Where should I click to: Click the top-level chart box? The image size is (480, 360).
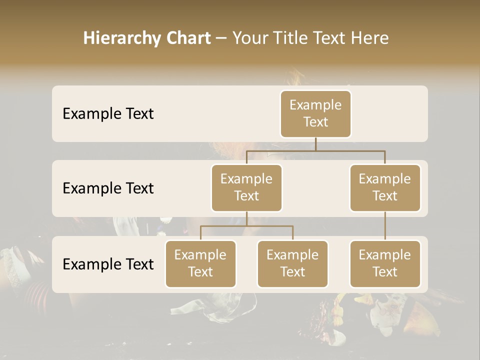click(x=315, y=113)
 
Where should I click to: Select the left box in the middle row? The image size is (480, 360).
click(x=246, y=187)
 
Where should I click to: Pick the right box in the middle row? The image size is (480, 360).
click(x=385, y=187)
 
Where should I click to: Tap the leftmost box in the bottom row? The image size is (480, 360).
click(x=200, y=263)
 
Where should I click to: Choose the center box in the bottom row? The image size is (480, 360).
click(x=292, y=263)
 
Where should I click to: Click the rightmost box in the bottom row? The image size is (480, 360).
click(x=385, y=263)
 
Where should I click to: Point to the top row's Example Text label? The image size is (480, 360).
click(x=108, y=113)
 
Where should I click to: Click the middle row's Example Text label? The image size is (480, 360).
click(x=108, y=188)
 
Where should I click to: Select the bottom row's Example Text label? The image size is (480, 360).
click(x=108, y=264)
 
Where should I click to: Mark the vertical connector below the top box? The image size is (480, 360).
click(x=315, y=144)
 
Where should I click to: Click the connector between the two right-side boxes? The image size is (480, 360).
click(x=385, y=226)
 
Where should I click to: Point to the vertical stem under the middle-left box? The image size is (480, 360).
click(x=246, y=219)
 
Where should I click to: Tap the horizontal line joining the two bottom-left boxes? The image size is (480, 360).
click(x=246, y=226)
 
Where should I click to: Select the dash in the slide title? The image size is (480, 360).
click(x=221, y=38)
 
